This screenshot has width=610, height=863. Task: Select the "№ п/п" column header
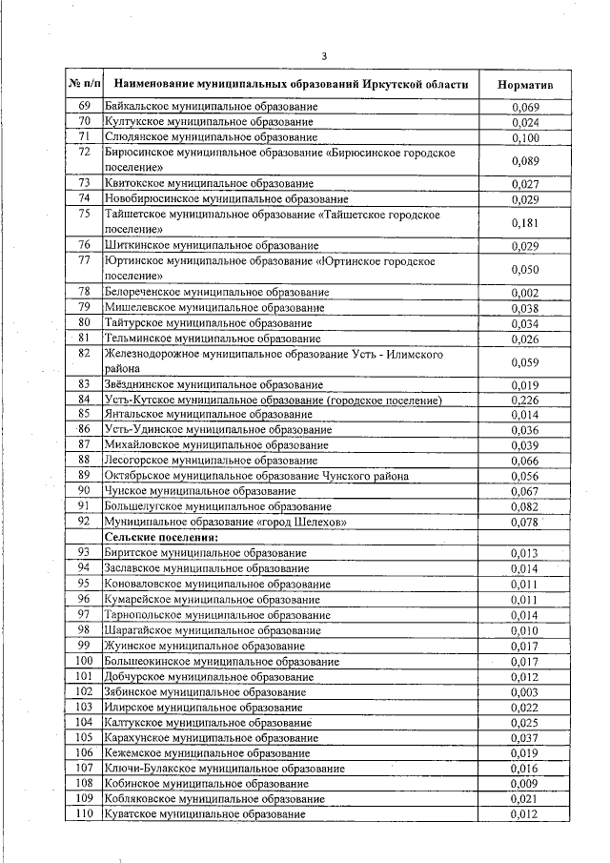coord(84,85)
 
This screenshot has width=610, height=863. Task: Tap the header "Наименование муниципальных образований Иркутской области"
coord(287,85)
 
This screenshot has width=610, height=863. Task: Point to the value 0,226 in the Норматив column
coord(524,401)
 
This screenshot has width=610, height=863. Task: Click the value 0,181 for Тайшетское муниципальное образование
coord(524,222)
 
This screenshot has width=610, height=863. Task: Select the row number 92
coord(84,522)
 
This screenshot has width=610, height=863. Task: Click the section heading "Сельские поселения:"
coord(150,537)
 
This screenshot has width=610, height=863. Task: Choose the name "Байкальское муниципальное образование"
coord(211,107)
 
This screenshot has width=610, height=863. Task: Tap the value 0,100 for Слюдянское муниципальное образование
coord(524,137)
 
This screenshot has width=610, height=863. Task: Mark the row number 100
coord(84,661)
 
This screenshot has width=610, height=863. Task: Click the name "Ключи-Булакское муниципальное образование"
coord(224,769)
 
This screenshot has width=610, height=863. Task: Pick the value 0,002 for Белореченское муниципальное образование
coord(524,292)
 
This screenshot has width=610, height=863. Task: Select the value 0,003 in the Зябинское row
coord(524,691)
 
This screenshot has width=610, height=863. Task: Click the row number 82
coord(84,354)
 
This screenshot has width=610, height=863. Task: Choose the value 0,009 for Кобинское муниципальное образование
coord(524,784)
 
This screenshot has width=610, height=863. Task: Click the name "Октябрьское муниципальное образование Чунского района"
coord(256,476)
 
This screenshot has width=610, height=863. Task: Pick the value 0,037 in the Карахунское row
coord(524,738)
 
